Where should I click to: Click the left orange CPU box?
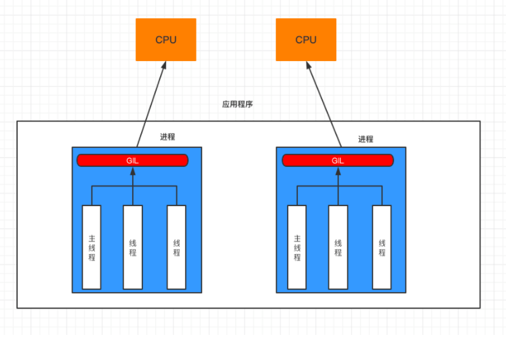[x=166, y=39]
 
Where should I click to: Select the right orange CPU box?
[x=306, y=39]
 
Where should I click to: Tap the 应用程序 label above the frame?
[x=237, y=104]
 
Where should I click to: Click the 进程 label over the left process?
[x=168, y=136]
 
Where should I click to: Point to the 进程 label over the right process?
[x=366, y=139]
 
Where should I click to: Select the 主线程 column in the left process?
[x=92, y=247]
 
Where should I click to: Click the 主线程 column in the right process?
[x=296, y=247]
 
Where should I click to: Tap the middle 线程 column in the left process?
[x=133, y=247]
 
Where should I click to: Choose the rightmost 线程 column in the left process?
[x=176, y=247]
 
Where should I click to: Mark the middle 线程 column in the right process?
[x=338, y=247]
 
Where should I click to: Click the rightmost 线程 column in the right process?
[x=382, y=247]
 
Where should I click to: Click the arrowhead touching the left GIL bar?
[x=133, y=170]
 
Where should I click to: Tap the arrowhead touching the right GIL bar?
[x=338, y=170]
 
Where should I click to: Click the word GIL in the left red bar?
[x=133, y=161]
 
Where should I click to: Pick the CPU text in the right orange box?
[x=306, y=40]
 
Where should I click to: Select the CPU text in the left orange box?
[x=166, y=40]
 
